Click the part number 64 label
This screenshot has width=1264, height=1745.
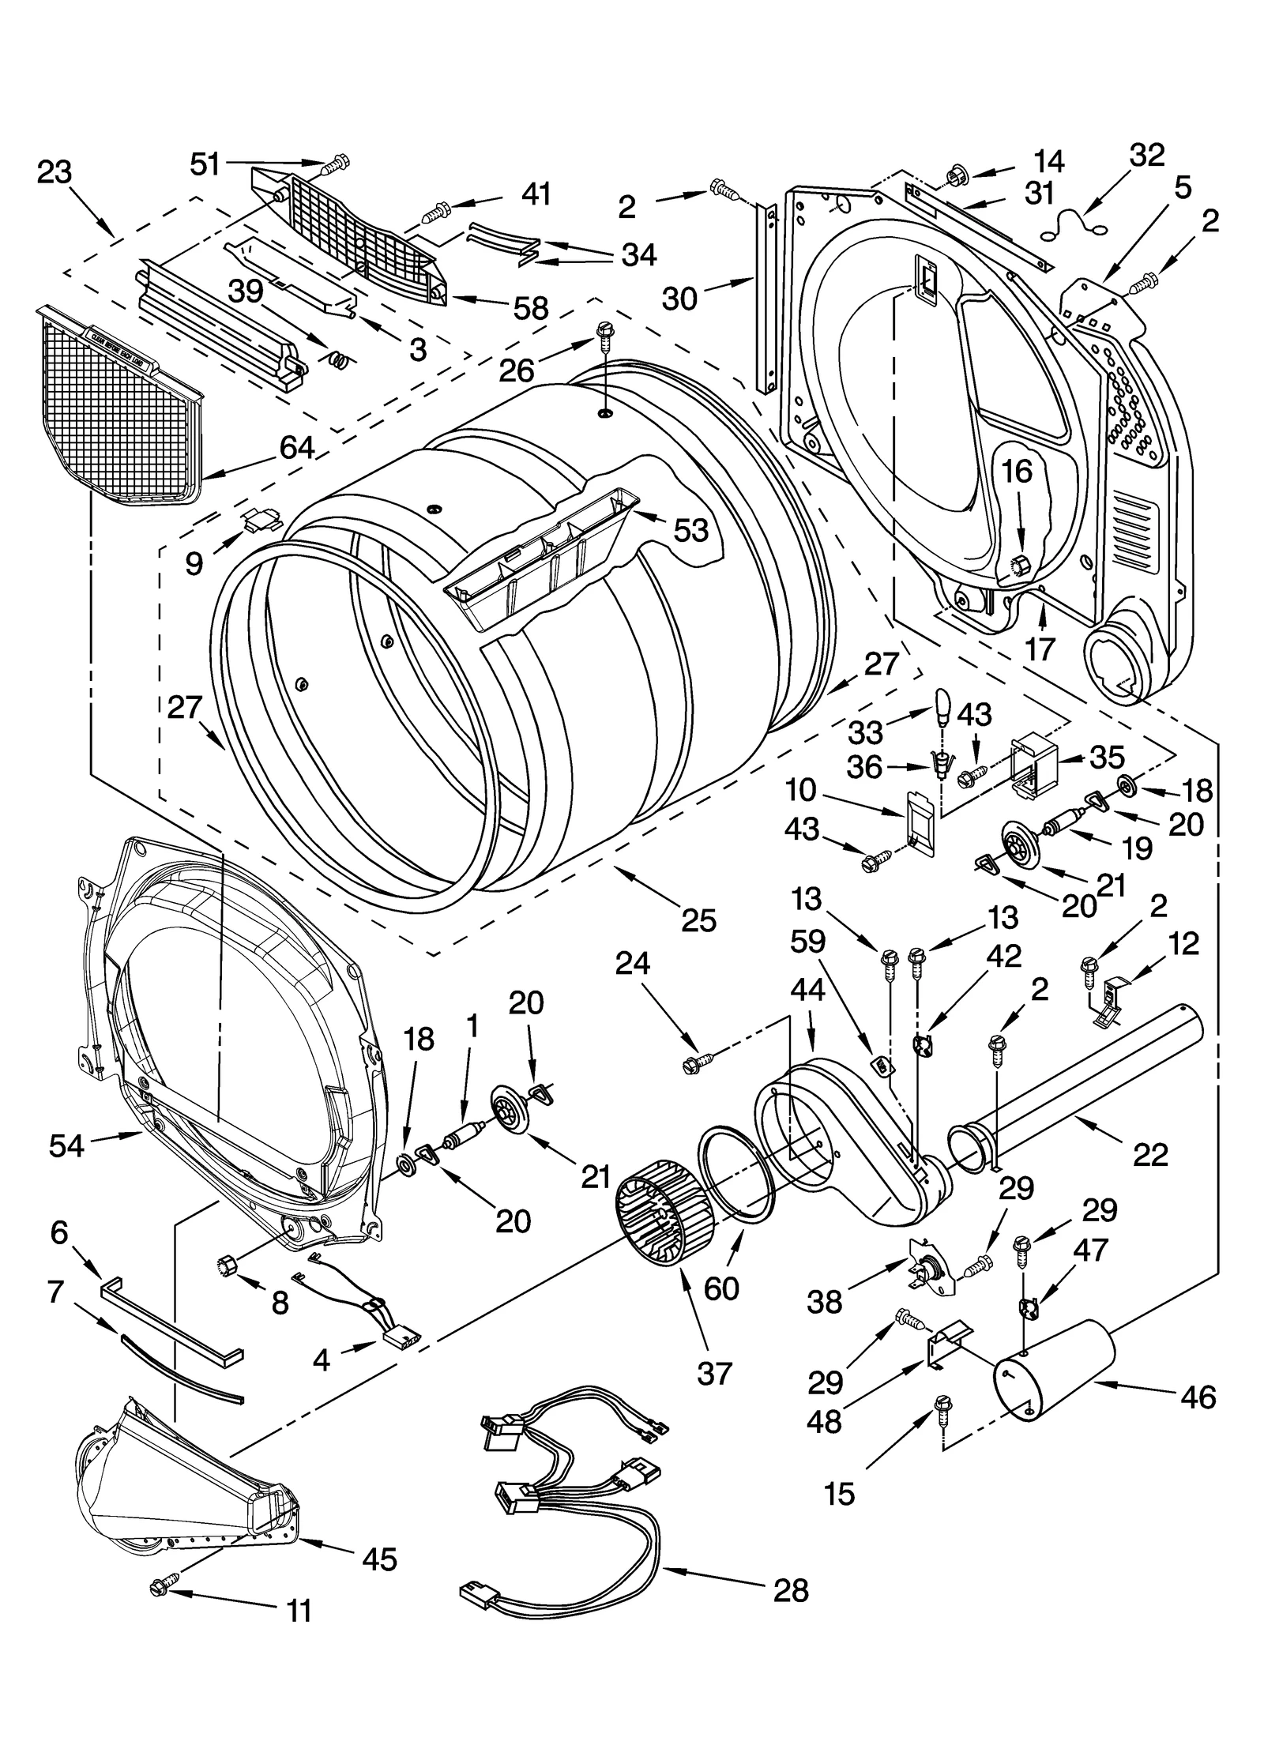pyautogui.click(x=296, y=448)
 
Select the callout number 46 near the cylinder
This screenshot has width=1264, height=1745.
pyautogui.click(x=1198, y=1397)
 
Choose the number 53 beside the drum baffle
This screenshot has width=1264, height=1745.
pyautogui.click(x=690, y=530)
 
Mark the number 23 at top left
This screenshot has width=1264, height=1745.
pyautogui.click(x=55, y=172)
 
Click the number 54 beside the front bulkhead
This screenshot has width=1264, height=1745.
pyautogui.click(x=66, y=1145)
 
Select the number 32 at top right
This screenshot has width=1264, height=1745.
pyautogui.click(x=1147, y=156)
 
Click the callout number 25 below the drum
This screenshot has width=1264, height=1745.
pyautogui.click(x=698, y=920)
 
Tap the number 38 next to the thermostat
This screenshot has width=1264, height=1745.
pyautogui.click(x=825, y=1302)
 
